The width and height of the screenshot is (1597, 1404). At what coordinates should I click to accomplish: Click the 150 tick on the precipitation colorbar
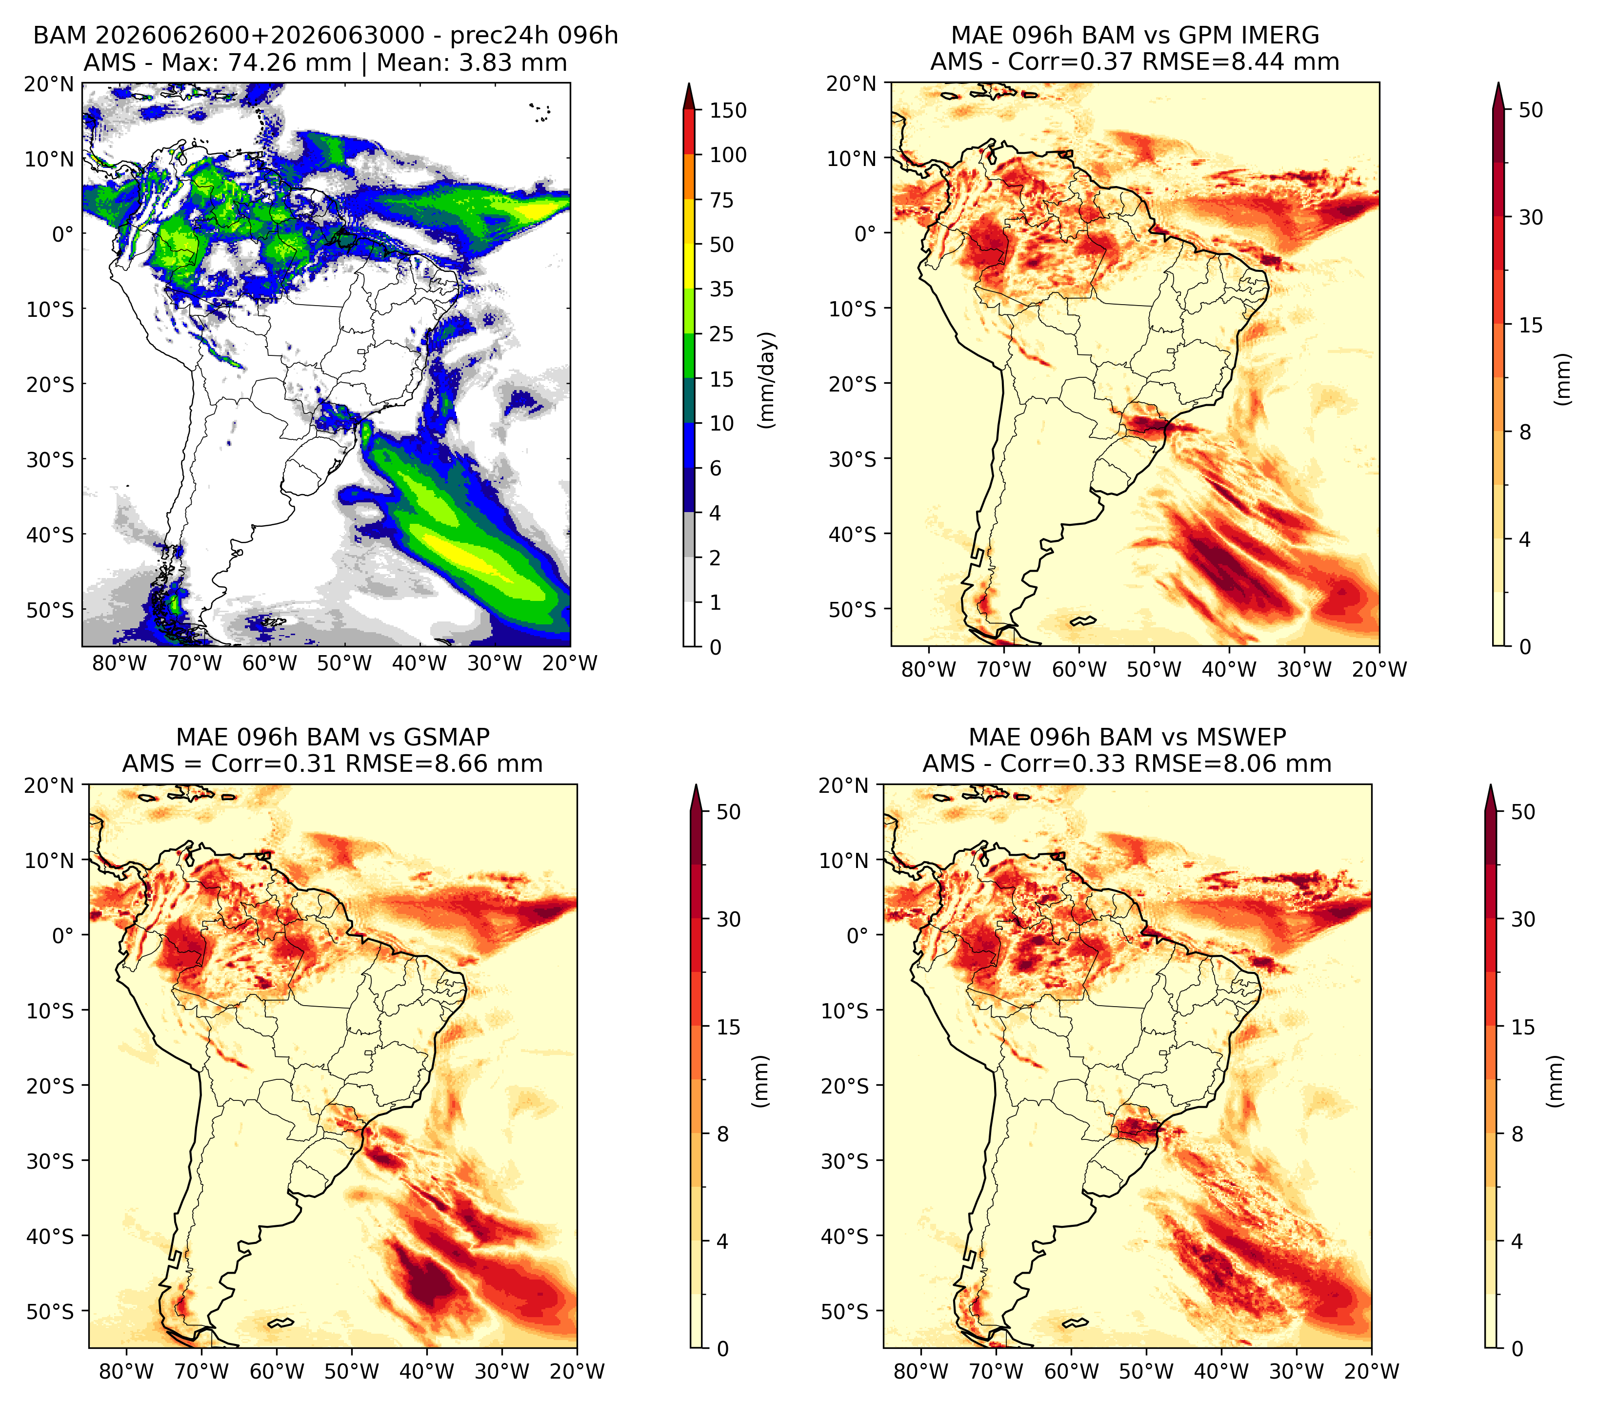coord(727,111)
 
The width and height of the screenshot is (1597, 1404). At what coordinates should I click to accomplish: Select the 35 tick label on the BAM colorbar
coord(721,289)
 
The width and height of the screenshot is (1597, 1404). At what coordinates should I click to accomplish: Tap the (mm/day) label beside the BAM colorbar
coord(768,380)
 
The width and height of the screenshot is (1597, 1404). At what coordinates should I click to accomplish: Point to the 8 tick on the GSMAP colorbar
coord(723,1134)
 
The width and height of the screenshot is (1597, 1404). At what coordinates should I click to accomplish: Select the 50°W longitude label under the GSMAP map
coord(352,1371)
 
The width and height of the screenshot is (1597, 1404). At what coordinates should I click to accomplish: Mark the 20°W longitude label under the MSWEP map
coord(1372,1371)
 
